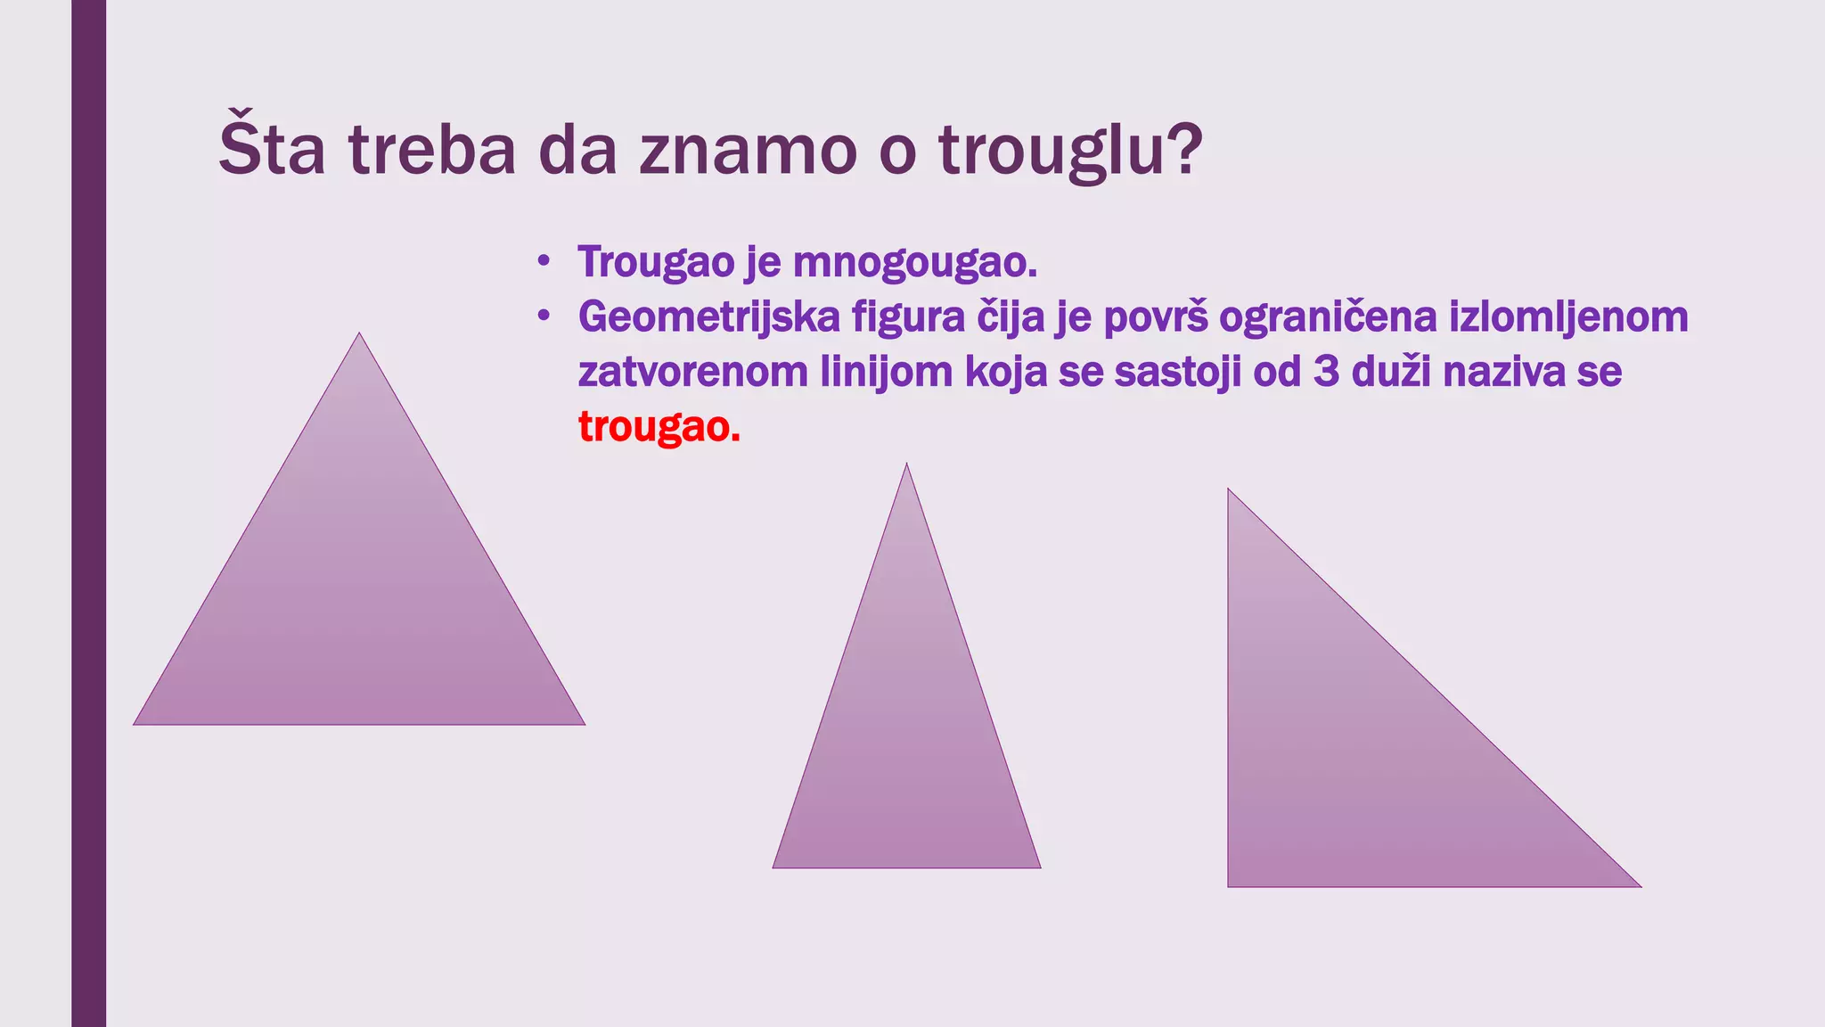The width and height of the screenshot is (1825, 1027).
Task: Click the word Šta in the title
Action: pyautogui.click(x=272, y=150)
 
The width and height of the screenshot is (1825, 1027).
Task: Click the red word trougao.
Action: pyautogui.click(x=659, y=427)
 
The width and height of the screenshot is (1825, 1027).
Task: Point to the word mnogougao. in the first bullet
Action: pyautogui.click(x=915, y=262)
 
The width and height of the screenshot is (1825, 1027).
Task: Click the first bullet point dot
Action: pyautogui.click(x=544, y=262)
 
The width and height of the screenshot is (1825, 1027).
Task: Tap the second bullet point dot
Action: pyautogui.click(x=544, y=316)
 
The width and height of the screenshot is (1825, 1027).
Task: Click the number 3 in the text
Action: pyautogui.click(x=1326, y=372)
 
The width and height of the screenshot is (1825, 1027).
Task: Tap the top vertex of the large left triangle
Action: pyautogui.click(x=359, y=335)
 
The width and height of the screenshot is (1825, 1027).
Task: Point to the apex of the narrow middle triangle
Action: pyautogui.click(x=906, y=466)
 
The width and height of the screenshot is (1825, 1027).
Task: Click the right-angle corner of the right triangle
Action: pyautogui.click(x=1230, y=884)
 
